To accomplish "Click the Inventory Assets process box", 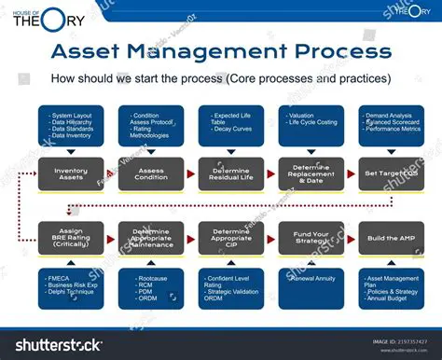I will click(x=71, y=173).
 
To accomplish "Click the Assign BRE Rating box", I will click(x=71, y=238).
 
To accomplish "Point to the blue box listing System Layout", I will click(x=71, y=126).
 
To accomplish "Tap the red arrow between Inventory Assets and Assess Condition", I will click(x=111, y=174).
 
